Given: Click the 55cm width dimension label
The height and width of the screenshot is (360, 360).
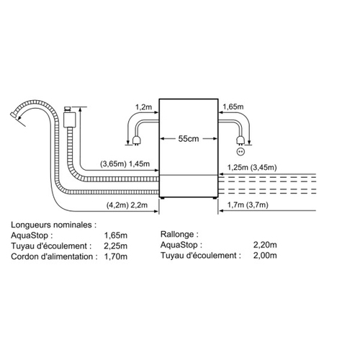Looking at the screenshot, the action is click(189, 139).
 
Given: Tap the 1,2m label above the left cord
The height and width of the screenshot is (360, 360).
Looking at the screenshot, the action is click(143, 107).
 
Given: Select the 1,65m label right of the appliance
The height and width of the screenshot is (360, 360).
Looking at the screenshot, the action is click(233, 107).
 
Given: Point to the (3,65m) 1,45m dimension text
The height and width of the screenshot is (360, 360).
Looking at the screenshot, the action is click(125, 164).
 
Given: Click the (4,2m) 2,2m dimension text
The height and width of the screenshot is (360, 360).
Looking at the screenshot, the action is click(127, 205).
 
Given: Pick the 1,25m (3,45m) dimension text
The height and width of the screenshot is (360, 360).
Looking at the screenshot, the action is click(252, 167).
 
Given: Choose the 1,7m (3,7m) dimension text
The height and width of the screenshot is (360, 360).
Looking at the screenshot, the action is click(248, 205).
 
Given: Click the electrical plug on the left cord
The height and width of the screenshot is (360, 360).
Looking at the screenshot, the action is click(136, 140).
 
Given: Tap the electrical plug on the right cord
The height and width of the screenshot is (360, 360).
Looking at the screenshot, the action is click(240, 140).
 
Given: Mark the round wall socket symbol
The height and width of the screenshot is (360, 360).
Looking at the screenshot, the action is click(240, 152).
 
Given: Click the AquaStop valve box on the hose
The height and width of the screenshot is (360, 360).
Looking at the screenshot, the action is click(69, 117).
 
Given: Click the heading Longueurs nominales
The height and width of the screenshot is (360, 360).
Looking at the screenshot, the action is click(53, 225).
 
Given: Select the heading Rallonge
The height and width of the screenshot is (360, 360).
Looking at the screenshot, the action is click(179, 234).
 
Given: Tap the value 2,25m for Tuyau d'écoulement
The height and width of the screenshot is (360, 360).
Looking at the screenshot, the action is click(116, 246).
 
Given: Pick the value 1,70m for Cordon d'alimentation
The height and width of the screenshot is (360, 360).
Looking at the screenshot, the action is click(116, 256).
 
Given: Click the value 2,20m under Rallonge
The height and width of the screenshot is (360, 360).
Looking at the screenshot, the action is click(265, 245).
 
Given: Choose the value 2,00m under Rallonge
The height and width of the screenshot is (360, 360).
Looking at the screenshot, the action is click(265, 256).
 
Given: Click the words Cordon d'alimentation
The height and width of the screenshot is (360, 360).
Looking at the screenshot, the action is click(54, 256).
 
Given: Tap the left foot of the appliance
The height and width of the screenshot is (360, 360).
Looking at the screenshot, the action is click(163, 198).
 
